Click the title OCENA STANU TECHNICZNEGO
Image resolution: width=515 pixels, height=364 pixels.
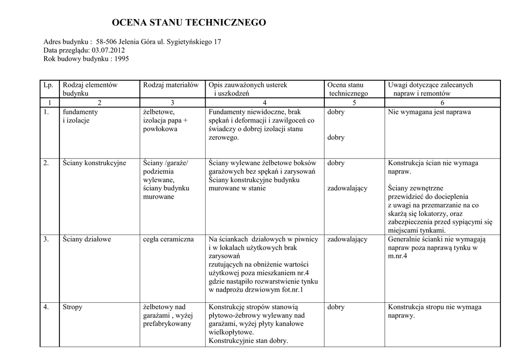coord(189,23)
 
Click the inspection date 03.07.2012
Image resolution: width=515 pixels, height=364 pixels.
coord(109,50)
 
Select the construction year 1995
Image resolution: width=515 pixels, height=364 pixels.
coord(122,59)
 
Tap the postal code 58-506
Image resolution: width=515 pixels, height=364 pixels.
coord(107,42)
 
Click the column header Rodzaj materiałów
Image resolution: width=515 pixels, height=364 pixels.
coord(171,85)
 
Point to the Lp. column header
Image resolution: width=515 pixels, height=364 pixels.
coord(48,85)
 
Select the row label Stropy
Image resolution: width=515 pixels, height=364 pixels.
coord(72,307)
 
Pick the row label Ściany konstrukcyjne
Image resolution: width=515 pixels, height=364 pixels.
coord(94,163)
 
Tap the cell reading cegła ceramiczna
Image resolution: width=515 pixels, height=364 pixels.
coord(168,239)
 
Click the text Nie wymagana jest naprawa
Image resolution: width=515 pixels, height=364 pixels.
coord(430,112)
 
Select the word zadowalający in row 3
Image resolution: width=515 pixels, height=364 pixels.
coord(347,239)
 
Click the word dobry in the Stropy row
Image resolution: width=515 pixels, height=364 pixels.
coord(336,307)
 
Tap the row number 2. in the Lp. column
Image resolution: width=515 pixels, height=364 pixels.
coord(46,163)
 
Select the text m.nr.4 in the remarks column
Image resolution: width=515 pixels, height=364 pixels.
coord(397,256)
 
